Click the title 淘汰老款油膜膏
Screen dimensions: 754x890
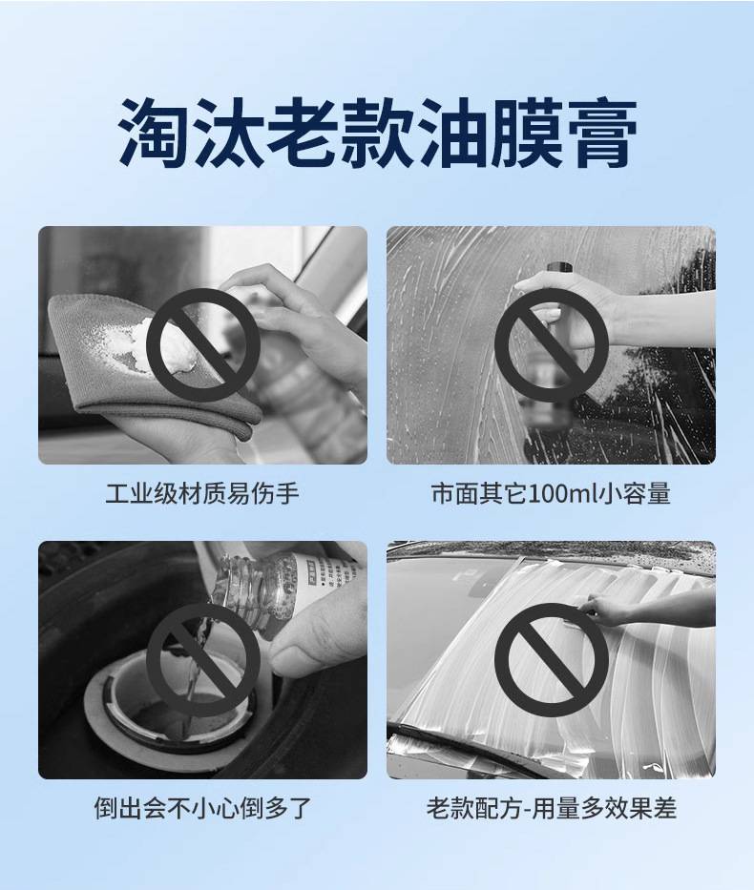pos(377,133)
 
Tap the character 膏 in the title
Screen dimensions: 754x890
pos(601,133)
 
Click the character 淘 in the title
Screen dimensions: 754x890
pos(154,133)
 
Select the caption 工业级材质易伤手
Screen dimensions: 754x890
pos(202,493)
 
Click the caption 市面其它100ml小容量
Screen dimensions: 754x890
pos(551,493)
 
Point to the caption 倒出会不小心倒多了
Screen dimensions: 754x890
pos(202,808)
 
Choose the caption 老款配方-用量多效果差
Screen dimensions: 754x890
pos(552,808)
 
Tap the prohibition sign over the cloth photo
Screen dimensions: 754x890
pos(202,344)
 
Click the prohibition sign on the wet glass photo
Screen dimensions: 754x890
pos(552,344)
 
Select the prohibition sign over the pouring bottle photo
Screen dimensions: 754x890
pos(202,659)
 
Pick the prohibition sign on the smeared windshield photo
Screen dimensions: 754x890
pos(552,659)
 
